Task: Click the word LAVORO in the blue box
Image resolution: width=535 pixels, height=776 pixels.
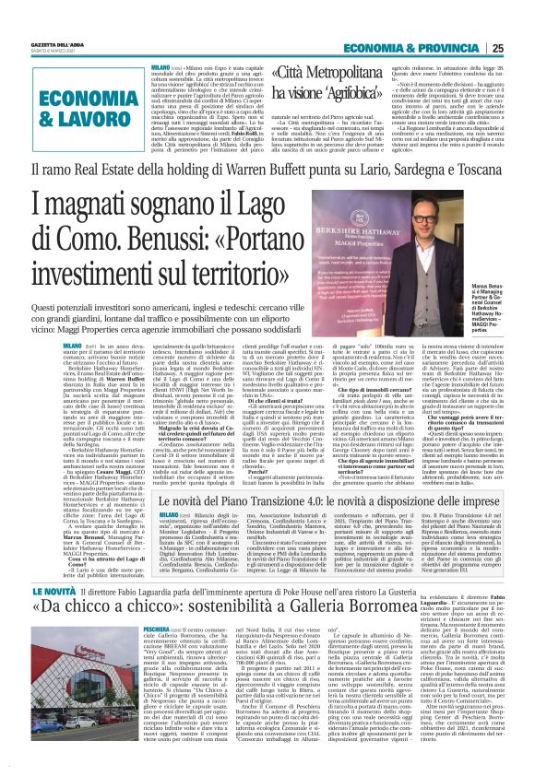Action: coord(61,116)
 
